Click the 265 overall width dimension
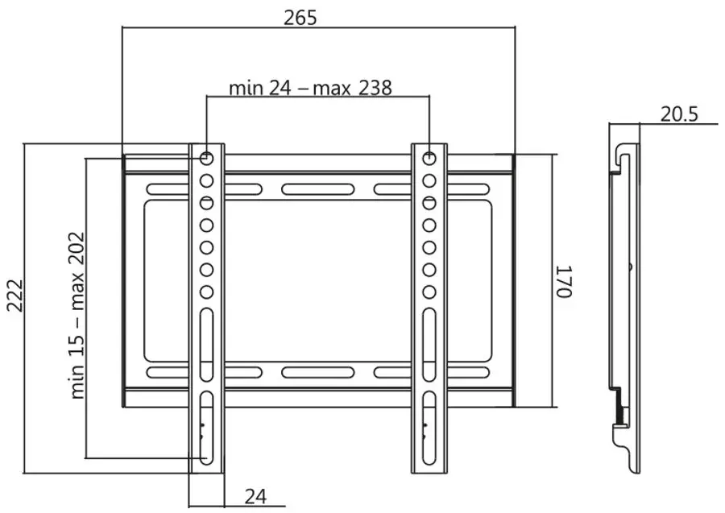click(300, 17)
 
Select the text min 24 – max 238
click(310, 87)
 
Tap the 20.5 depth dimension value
click(679, 114)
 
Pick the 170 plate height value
click(563, 281)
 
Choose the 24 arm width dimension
click(255, 496)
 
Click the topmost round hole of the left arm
click(207, 157)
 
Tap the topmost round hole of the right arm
click(429, 157)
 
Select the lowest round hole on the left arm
click(207, 292)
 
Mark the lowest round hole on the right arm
click(429, 292)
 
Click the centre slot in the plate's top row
click(317, 190)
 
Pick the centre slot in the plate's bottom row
click(317, 373)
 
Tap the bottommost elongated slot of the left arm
click(207, 435)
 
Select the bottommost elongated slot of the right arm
click(429, 435)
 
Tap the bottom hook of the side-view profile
click(624, 451)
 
